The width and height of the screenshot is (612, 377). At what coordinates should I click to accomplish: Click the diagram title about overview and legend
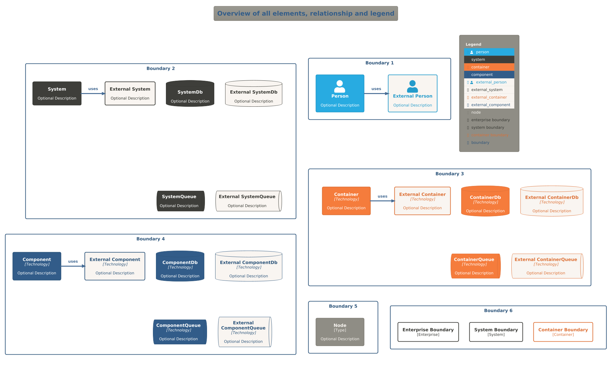[x=306, y=14]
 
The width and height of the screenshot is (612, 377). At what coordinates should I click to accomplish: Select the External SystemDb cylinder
[x=254, y=94]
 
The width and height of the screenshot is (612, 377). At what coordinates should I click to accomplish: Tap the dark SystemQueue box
[x=180, y=201]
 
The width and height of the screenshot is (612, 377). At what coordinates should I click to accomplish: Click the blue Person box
[x=340, y=93]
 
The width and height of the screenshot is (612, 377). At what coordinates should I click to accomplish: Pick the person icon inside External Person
[x=412, y=86]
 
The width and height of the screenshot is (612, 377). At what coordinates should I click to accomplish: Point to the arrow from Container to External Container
[x=382, y=201]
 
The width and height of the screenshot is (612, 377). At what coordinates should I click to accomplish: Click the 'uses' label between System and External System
[x=93, y=89]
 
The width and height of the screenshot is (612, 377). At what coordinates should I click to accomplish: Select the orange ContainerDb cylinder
[x=485, y=201]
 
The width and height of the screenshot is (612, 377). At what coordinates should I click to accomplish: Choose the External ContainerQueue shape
[x=547, y=266]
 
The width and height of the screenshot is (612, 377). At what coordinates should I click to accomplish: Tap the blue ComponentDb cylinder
[x=180, y=266]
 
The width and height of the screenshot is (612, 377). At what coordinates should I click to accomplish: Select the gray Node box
[x=340, y=332]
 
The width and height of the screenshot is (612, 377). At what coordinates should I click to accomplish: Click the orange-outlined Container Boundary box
[x=563, y=332]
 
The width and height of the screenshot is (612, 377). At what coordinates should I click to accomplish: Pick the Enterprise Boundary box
[x=428, y=332]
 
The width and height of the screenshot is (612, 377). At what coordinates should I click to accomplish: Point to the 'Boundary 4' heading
[x=150, y=239]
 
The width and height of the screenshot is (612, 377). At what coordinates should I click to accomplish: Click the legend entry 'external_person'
[x=491, y=82]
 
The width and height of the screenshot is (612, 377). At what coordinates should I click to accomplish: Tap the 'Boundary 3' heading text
[x=449, y=174]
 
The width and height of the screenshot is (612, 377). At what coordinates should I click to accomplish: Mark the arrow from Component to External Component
[x=73, y=266]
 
